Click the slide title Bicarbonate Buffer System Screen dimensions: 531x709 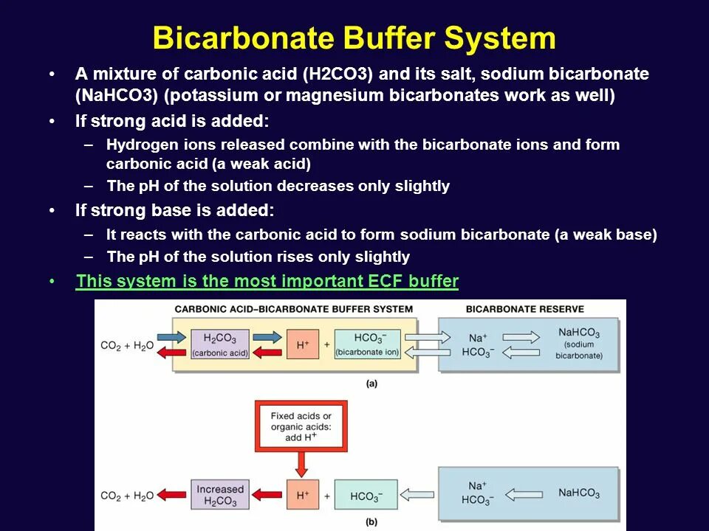pos(354,38)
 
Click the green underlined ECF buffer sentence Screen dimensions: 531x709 pos(267,282)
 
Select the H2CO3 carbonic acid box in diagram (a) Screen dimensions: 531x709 pos(220,344)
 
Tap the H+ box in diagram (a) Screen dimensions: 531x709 pos(302,344)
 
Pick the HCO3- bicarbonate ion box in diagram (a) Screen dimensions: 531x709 pos(367,344)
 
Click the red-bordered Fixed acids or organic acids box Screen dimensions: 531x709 pos(301,427)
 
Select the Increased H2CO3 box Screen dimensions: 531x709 pos(219,495)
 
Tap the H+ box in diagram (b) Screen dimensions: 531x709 pos(302,495)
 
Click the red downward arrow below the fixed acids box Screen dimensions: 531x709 pos(301,463)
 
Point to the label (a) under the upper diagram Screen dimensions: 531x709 pos(371,383)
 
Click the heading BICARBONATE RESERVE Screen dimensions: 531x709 pos(525,309)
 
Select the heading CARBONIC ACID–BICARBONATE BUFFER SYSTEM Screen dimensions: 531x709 pos(293,309)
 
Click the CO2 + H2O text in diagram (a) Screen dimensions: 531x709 pos(126,346)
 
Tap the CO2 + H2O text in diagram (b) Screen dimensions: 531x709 pos(126,496)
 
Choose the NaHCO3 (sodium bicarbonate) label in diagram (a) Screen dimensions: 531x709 pos(578,344)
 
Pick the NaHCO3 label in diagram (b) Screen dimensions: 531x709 pos(578,493)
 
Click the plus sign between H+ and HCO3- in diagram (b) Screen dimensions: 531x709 pos(326,496)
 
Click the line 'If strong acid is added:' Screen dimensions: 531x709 pos(172,121)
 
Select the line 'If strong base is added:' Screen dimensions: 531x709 pos(174,211)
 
